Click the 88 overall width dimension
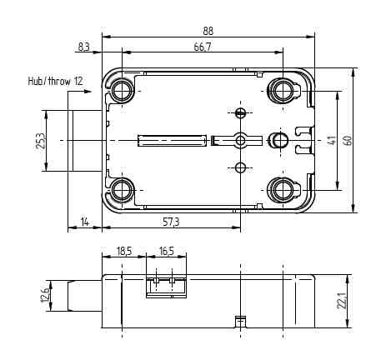(x=208, y=31)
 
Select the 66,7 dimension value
(x=203, y=47)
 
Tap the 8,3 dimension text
(x=83, y=47)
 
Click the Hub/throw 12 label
(x=56, y=81)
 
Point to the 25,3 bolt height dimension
(x=40, y=141)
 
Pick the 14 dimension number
(x=84, y=222)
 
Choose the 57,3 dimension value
(x=171, y=222)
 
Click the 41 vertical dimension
(x=332, y=140)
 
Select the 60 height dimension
(x=348, y=140)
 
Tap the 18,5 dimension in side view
(x=124, y=252)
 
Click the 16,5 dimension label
(x=167, y=252)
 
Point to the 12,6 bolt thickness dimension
(x=45, y=295)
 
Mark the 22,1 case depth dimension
(x=341, y=301)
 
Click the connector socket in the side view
(x=166, y=287)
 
